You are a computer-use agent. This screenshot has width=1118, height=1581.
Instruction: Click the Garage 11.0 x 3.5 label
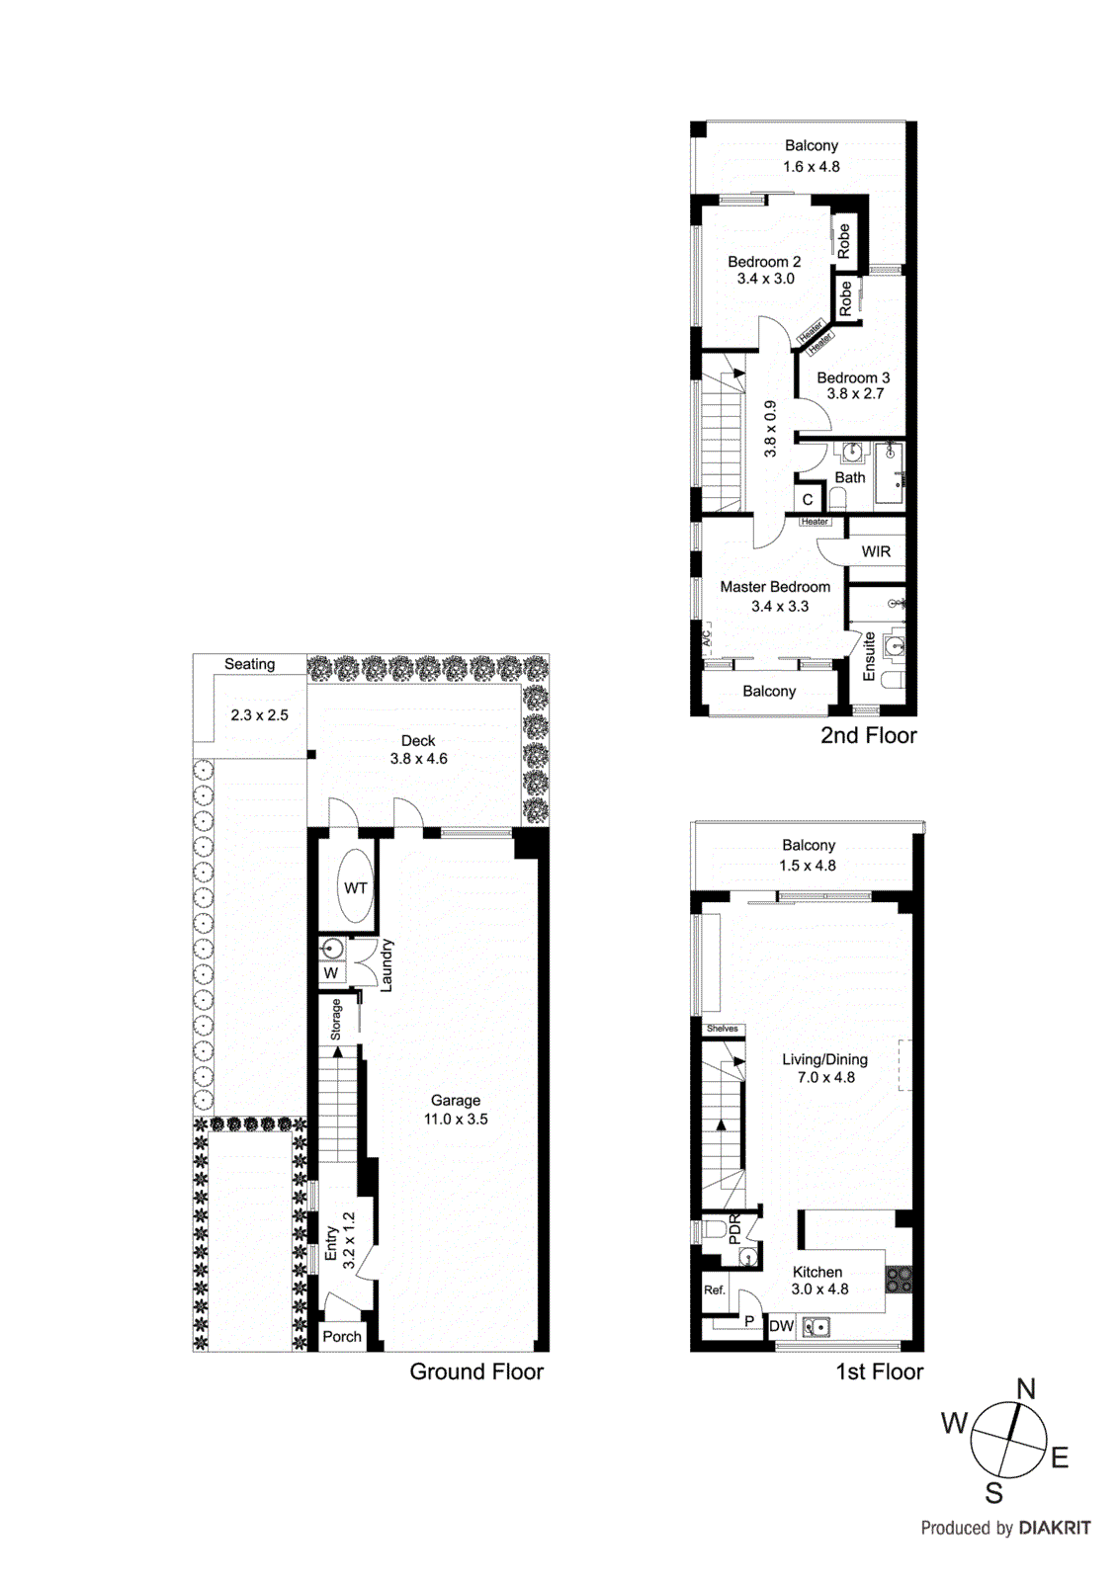(456, 1110)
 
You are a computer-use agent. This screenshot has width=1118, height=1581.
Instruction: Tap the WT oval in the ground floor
(355, 887)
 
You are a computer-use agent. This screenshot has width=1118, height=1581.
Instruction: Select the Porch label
(342, 1336)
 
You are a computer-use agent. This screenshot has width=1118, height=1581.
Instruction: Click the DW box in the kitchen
(781, 1326)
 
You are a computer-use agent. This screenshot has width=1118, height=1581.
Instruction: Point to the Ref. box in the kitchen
(715, 1290)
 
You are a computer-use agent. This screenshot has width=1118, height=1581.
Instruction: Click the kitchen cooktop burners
(899, 1280)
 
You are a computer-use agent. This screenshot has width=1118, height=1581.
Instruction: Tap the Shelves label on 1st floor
(722, 1029)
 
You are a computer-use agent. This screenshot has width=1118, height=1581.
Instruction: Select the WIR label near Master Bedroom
(876, 551)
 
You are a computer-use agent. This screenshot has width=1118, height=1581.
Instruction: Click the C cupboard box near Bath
(808, 499)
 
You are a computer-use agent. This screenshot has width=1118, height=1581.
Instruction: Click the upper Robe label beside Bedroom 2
(843, 241)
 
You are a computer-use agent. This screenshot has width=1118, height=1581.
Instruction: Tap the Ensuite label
(869, 656)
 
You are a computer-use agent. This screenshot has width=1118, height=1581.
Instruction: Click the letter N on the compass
(1026, 1388)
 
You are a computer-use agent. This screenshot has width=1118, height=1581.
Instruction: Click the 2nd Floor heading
(868, 735)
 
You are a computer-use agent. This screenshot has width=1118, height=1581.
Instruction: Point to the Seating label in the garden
(249, 664)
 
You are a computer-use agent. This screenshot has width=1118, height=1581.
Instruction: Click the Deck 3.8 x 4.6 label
(418, 749)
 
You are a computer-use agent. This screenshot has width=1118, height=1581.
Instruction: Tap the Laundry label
(387, 965)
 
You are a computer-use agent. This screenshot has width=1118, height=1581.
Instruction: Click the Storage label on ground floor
(335, 1020)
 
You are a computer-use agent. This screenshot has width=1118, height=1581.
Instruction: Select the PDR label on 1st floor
(734, 1229)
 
